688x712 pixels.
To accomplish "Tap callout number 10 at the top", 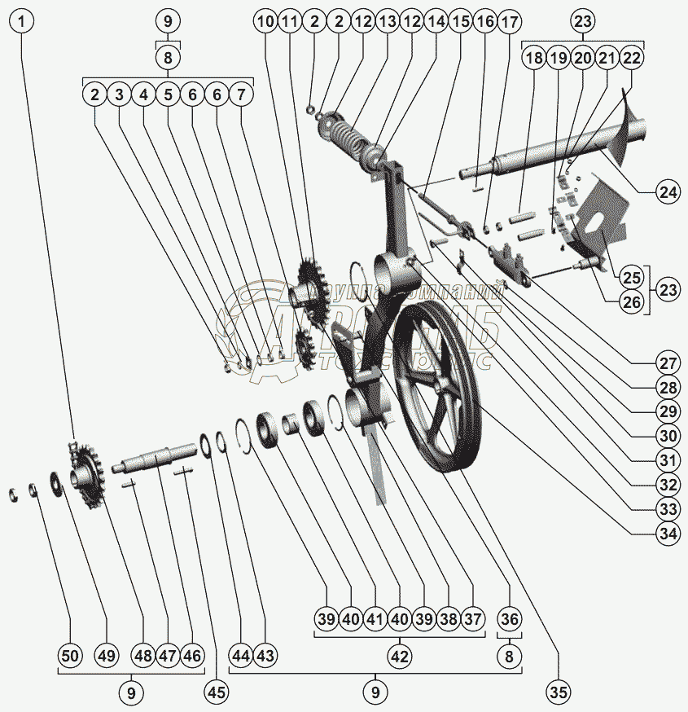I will click(265, 22).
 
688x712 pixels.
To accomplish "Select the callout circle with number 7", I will click(241, 94).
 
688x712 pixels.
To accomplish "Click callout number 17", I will click(511, 22).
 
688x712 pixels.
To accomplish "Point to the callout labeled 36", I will click(510, 618).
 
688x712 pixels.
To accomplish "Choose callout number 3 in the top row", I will click(119, 94).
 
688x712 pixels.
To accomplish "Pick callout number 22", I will click(631, 58).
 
